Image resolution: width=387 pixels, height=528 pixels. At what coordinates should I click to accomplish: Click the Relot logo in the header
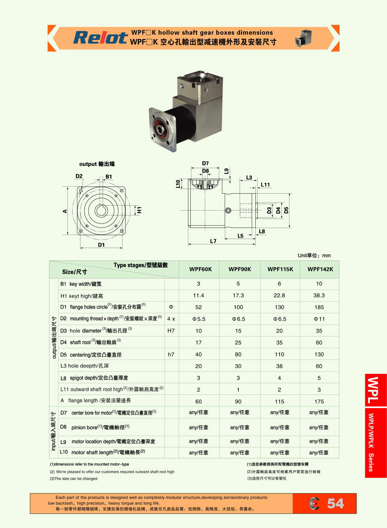[x=100, y=38]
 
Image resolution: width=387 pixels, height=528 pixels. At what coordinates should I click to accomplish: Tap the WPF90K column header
[x=240, y=269]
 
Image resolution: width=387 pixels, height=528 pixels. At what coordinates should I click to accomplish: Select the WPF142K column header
[x=320, y=269]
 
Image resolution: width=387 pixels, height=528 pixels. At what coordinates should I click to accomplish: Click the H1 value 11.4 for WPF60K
[x=198, y=296]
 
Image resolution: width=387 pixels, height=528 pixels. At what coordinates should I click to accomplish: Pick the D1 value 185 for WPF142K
[x=319, y=307]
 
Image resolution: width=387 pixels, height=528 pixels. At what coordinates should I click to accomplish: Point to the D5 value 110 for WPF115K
[x=279, y=355]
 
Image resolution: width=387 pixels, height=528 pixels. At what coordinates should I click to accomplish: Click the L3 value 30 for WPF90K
[x=238, y=366]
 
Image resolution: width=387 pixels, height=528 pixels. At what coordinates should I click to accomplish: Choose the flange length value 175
[x=319, y=402]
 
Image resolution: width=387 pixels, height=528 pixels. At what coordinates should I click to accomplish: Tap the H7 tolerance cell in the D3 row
[x=171, y=331]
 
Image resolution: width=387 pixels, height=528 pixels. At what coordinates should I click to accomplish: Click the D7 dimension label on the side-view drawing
[x=205, y=164]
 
